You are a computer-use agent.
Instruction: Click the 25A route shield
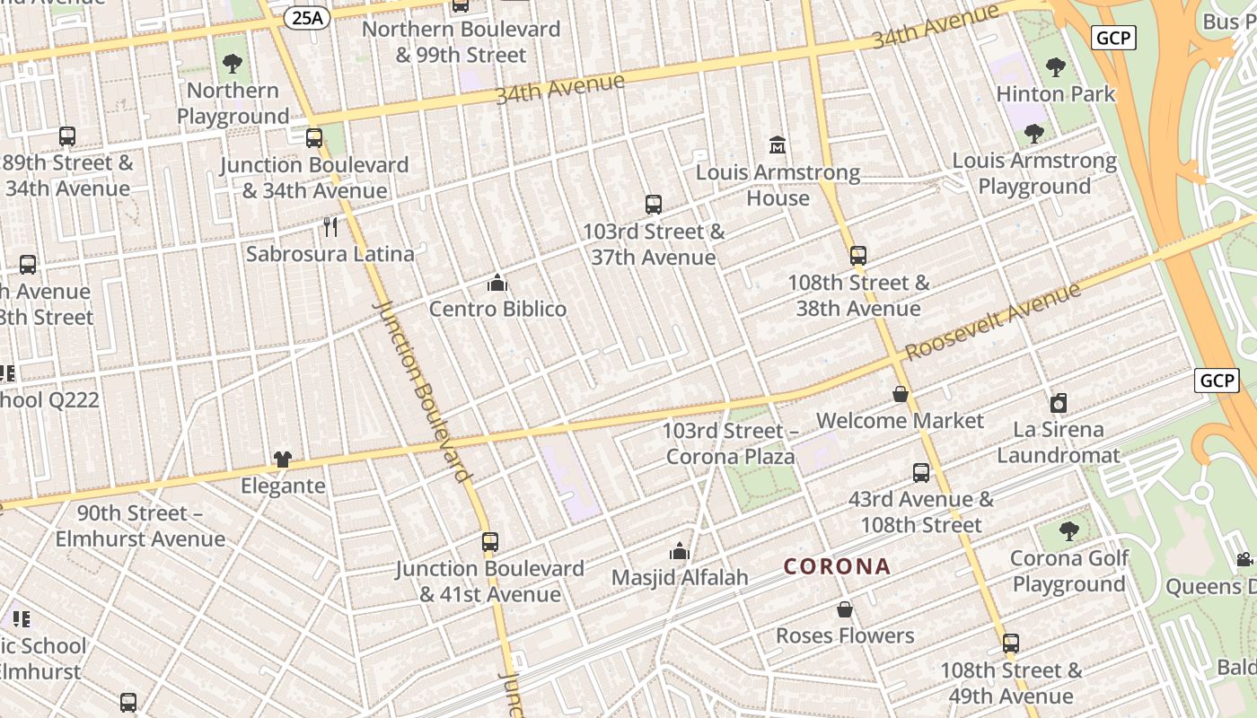pos(306,17)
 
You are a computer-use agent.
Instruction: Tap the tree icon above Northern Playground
pos(233,64)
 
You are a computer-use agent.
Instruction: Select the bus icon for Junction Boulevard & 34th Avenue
pos(314,138)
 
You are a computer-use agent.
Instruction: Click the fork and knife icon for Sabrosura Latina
pos(330,227)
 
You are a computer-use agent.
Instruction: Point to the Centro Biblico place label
pos(497,309)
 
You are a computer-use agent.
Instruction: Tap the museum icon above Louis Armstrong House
pos(778,145)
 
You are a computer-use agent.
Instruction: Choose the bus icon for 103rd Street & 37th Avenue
pos(654,205)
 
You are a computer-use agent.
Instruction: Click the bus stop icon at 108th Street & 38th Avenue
pos(858,256)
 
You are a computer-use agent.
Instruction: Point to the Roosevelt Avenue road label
pos(994,321)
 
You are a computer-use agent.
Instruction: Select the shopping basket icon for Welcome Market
pos(900,394)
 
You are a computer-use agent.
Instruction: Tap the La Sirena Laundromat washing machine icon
pos(1059,403)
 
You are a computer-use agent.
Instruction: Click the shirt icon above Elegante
pos(283,460)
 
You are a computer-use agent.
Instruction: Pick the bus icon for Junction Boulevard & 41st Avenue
pos(489,542)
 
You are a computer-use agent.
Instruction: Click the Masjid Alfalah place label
pos(680,577)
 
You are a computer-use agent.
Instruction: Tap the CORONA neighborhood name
pos(837,566)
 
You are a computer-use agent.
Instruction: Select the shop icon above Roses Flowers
pos(845,609)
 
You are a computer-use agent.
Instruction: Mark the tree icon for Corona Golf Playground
pos(1068,531)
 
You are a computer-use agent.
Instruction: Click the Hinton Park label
pos(1056,93)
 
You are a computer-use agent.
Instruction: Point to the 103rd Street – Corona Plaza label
pos(730,443)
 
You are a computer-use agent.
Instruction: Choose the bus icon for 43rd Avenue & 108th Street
pos(921,473)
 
